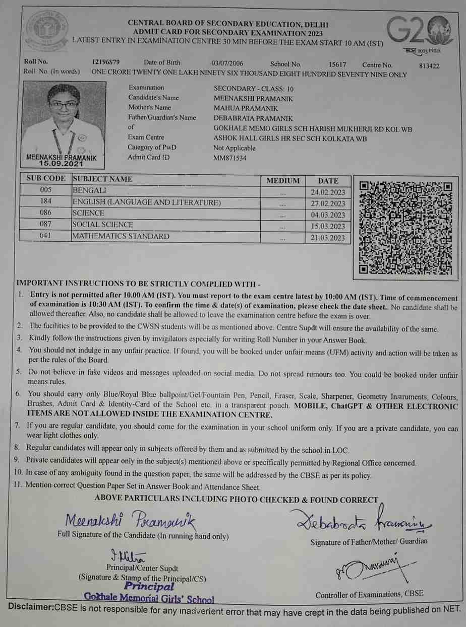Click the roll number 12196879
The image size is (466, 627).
106,63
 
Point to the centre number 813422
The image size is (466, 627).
429,65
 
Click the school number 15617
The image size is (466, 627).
337,64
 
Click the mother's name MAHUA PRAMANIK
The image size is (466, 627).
246,108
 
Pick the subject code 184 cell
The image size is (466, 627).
45,202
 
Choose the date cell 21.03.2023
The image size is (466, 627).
328,238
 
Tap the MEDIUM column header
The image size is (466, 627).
283,180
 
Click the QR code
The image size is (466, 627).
405,228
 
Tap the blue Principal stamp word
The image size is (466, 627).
149,586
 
